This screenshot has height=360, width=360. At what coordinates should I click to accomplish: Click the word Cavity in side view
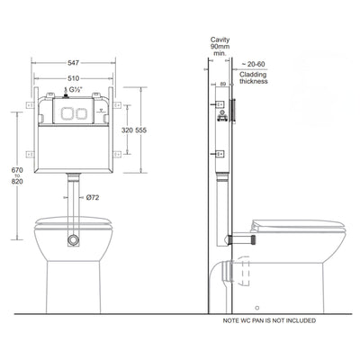(220, 41)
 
